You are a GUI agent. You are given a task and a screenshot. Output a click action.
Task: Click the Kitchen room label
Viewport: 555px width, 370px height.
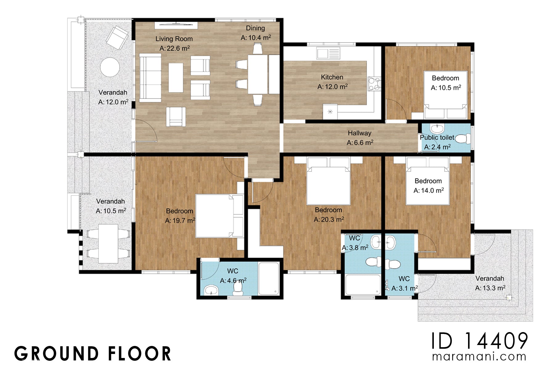click(x=332, y=77)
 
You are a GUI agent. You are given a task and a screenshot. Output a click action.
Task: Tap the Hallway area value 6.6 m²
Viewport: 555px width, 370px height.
click(x=360, y=143)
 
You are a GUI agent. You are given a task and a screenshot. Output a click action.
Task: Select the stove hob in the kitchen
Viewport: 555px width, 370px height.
click(x=374, y=84)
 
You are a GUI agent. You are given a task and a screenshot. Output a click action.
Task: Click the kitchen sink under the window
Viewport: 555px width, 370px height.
click(x=328, y=53)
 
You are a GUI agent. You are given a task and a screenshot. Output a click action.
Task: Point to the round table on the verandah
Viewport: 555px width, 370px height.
click(x=109, y=68)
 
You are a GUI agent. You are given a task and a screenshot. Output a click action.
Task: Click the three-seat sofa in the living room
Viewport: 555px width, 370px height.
click(x=150, y=78)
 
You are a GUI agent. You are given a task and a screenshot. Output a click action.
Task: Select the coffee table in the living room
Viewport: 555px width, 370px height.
click(x=176, y=78)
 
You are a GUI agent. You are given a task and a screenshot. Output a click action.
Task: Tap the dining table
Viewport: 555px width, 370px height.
click(x=257, y=74)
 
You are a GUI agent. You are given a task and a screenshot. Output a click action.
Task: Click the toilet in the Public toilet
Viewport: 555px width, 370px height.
click(x=462, y=139)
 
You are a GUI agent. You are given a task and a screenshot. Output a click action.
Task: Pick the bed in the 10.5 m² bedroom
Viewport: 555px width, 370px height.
click(x=446, y=94)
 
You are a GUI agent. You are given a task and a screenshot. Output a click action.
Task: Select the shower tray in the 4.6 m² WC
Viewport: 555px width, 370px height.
click(x=269, y=278)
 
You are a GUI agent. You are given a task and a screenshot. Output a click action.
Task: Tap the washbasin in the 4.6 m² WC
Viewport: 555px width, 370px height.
click(x=211, y=290)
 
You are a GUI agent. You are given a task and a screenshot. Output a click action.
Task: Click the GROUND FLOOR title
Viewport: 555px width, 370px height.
click(x=92, y=354)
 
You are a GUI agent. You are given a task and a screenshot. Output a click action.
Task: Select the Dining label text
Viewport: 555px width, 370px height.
click(x=255, y=28)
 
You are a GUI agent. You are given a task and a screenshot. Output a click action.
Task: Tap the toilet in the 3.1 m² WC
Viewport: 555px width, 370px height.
click(x=393, y=264)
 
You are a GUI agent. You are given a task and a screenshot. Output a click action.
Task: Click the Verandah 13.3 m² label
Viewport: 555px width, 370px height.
click(x=490, y=283)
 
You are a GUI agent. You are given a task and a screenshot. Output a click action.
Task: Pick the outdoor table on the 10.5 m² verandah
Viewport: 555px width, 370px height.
click(x=108, y=244)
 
